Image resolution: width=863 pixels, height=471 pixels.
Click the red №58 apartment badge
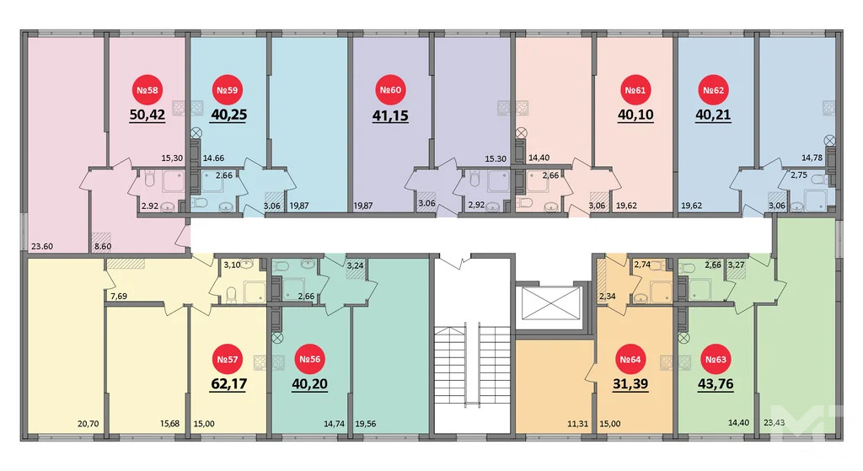147,90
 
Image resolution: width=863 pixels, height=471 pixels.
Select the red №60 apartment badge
389,90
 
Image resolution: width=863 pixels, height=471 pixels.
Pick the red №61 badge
634,90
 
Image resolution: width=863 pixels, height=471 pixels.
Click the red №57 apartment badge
228,360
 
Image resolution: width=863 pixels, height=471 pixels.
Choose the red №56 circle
309,360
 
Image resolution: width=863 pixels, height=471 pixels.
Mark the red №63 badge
715,360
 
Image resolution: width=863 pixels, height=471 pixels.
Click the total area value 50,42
147,115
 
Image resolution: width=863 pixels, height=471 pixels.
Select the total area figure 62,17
228,385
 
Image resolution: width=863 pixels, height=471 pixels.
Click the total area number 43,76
715,385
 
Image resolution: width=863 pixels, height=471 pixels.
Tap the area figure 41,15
389,115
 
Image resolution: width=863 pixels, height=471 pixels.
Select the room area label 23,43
773,426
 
